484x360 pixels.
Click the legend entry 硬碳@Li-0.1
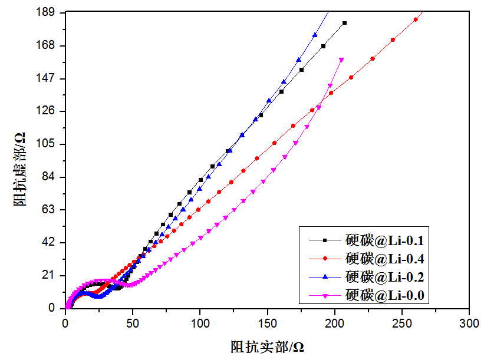tap(385, 240)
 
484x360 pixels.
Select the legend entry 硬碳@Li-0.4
tap(385, 258)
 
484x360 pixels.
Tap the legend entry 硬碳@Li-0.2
tap(385, 276)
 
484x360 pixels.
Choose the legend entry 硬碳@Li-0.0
tap(385, 293)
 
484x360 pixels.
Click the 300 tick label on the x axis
tap(469, 323)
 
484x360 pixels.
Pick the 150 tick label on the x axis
tap(267, 323)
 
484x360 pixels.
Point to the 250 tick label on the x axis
tap(402, 323)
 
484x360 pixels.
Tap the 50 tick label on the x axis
tap(133, 323)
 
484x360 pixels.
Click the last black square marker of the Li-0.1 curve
tap(344, 23)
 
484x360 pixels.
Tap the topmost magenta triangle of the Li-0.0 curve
tap(341, 60)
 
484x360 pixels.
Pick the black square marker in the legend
tap(324, 240)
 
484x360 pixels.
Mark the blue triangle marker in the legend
tap(324, 276)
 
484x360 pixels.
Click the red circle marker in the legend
tap(324, 258)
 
